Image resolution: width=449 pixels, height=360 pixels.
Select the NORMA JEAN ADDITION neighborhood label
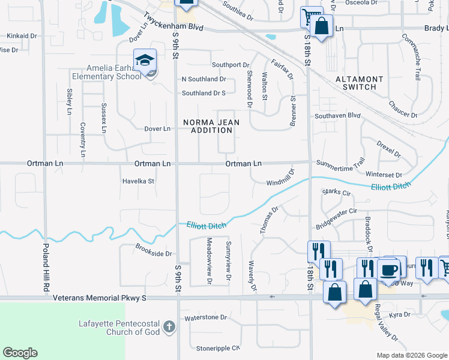[211, 126]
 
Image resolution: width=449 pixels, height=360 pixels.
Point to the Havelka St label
[138, 181]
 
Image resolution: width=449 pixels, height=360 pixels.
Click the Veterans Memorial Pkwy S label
[100, 298]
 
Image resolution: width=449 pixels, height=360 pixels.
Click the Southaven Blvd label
[337, 115]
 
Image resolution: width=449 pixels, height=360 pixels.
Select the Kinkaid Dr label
[18, 36]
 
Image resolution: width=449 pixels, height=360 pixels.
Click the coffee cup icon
[388, 268]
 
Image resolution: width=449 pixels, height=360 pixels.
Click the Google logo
[20, 353]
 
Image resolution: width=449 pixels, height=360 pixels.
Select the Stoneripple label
[218, 348]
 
